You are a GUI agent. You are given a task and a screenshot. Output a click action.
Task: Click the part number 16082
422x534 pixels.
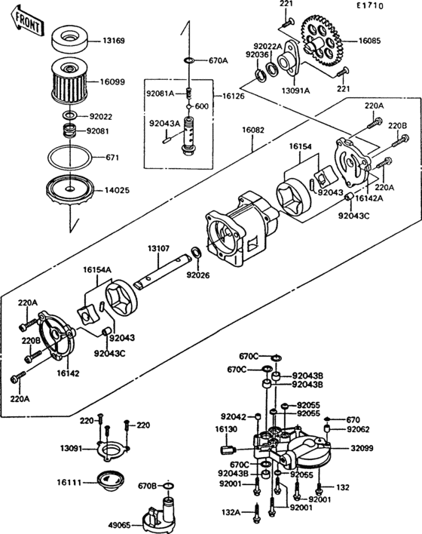253,130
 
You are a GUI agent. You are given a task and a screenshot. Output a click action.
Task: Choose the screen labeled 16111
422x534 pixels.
112,478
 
